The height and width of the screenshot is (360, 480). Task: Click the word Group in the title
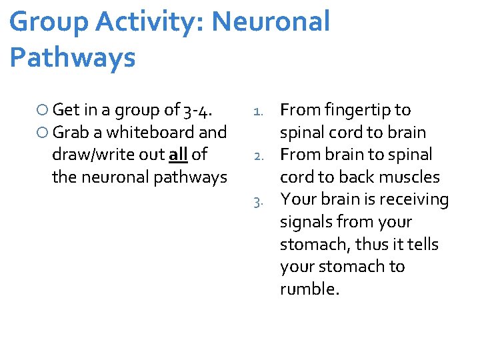[x=49, y=22]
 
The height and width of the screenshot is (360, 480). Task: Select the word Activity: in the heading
[x=153, y=22]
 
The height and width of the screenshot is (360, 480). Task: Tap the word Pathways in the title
[x=73, y=58]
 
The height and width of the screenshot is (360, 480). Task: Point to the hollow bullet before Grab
[x=43, y=133]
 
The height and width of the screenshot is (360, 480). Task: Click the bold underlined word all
[x=178, y=155]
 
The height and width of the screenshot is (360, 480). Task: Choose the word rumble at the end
[x=309, y=289]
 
